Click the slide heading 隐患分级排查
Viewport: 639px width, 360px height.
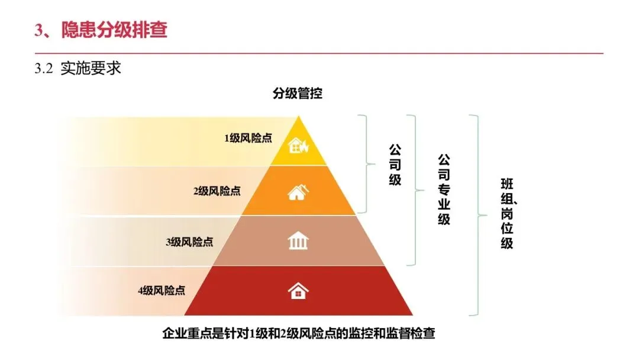(114, 29)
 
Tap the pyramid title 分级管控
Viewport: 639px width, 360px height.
(298, 93)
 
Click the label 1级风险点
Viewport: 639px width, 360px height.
(248, 138)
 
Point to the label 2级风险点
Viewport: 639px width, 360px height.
(217, 191)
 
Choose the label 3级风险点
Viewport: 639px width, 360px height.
(189, 242)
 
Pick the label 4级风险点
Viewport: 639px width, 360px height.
(162, 290)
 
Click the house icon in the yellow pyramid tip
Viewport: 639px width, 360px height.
(298, 145)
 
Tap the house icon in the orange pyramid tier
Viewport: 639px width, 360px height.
(298, 192)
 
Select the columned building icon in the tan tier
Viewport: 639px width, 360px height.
(298, 241)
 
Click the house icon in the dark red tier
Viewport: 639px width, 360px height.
(298, 290)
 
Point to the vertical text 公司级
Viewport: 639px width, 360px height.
(395, 164)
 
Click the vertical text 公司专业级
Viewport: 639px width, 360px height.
(444, 189)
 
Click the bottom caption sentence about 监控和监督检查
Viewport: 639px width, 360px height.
(298, 333)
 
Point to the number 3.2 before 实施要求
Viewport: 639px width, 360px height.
(44, 69)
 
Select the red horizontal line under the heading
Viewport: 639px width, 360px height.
(319, 53)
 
